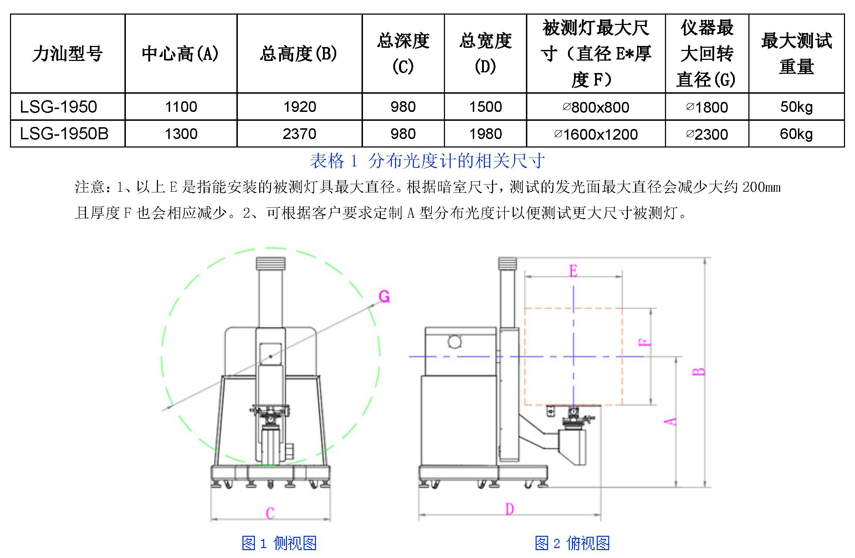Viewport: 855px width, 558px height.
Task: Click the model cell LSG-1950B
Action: [x=64, y=134]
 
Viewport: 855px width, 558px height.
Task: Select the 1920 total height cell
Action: [x=299, y=107]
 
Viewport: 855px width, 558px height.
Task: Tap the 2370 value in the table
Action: [x=299, y=134]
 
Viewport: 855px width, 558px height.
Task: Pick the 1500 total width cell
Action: [x=485, y=107]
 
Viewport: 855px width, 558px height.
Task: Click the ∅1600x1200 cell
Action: [x=596, y=134]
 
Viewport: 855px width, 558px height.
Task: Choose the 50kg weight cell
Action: [x=796, y=107]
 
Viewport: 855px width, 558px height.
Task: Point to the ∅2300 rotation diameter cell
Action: [x=707, y=134]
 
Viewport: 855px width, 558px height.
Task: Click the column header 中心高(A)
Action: [x=180, y=54]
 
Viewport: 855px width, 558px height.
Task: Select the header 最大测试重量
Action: [x=796, y=53]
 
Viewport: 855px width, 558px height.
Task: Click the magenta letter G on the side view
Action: [x=384, y=296]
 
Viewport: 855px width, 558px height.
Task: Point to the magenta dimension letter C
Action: [x=270, y=513]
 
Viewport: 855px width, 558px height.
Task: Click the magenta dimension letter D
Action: [x=510, y=509]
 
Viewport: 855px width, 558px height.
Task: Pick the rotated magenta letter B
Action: [x=698, y=371]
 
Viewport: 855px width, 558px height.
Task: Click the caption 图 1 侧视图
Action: [x=279, y=543]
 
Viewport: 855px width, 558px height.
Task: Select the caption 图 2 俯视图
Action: [x=572, y=543]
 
